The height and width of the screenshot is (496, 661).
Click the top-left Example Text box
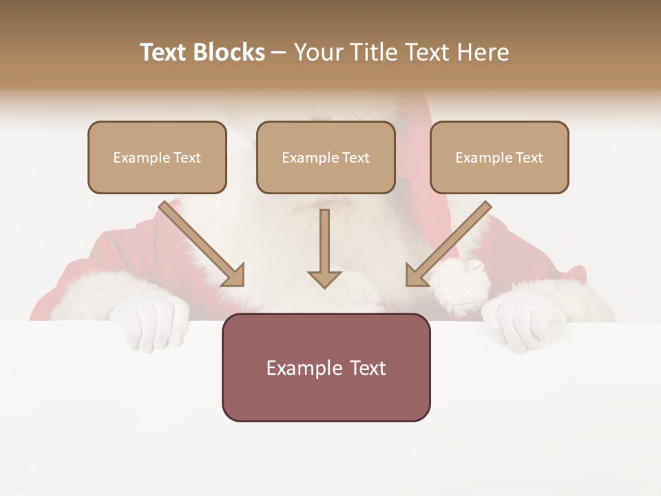[x=157, y=157]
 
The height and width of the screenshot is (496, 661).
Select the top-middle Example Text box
[x=326, y=157]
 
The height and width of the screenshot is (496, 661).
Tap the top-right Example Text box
[x=499, y=157]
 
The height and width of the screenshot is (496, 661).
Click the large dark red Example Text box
[x=326, y=367]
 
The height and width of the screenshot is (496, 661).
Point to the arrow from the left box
[x=200, y=242]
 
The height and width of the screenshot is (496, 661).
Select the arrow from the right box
[x=449, y=242]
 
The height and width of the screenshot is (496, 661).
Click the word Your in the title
[x=318, y=52]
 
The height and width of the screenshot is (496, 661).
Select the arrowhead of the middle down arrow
[x=324, y=279]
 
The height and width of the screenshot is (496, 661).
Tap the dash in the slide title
[x=279, y=52]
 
